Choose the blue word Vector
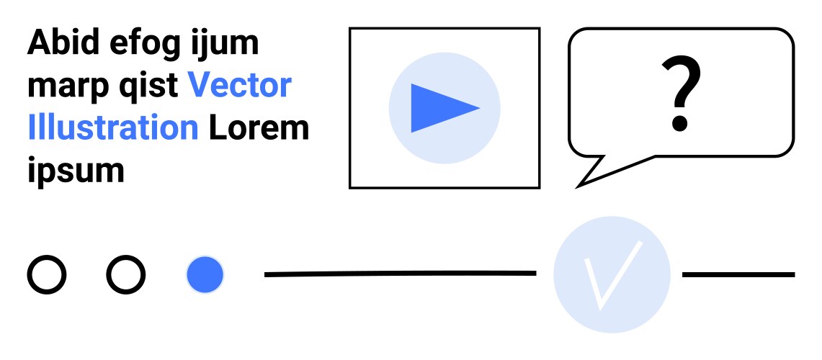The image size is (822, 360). coord(240,86)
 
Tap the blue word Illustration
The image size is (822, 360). coord(112,128)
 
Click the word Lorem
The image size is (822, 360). coord(259,128)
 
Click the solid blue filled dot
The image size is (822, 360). coord(205,274)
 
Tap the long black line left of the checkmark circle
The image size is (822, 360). coord(400,274)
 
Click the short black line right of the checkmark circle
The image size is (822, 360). coord(738,274)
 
